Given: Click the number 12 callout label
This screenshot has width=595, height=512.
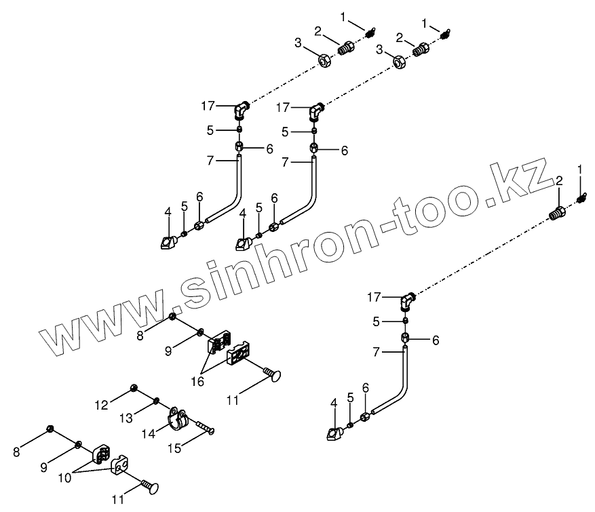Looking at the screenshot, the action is (x=101, y=406).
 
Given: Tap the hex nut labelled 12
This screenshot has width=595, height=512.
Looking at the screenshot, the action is (x=133, y=388).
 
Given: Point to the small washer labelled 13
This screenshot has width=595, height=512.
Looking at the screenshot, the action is (x=157, y=400).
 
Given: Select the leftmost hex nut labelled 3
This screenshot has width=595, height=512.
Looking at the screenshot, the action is (x=324, y=61).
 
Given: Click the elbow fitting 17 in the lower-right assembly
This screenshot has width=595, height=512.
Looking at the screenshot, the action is (x=408, y=298).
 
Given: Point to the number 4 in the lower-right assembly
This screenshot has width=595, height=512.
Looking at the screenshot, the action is (x=333, y=403).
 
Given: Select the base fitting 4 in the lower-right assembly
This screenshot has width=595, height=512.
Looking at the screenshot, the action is (x=332, y=432).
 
